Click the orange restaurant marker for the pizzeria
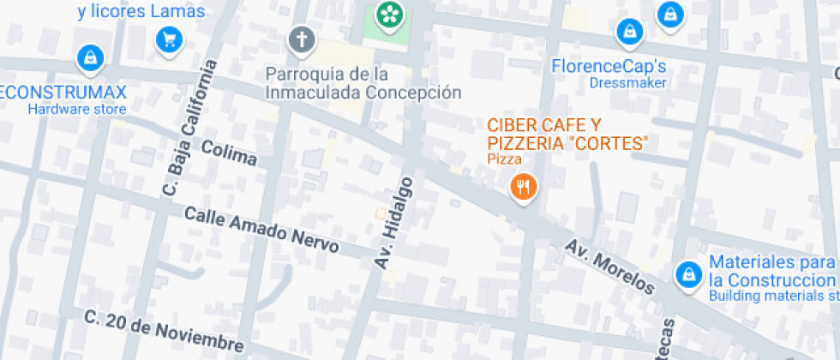tap(523, 187)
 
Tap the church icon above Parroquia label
tap(301, 39)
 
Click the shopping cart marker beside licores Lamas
tap(168, 39)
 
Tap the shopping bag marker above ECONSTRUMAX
tap(89, 58)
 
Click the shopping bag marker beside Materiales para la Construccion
tap(687, 275)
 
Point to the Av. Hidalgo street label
tap(393, 223)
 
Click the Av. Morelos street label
tap(609, 267)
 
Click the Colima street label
tap(229, 153)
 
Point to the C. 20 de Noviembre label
tap(164, 330)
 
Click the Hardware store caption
tap(76, 109)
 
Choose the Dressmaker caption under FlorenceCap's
tap(627, 83)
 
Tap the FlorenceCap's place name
tap(609, 66)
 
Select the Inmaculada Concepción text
tap(363, 92)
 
